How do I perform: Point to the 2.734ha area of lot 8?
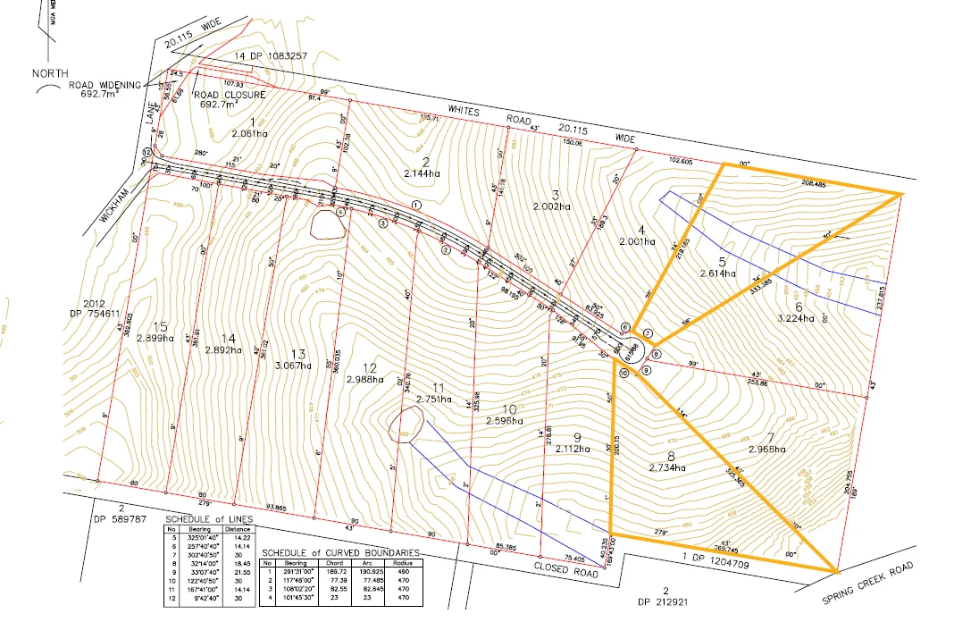[667, 467]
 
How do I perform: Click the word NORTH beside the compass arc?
[50, 72]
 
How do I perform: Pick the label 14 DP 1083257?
[270, 55]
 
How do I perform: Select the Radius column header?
[402, 564]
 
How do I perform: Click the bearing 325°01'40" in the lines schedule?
[195, 538]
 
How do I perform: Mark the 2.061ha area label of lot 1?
[249, 133]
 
